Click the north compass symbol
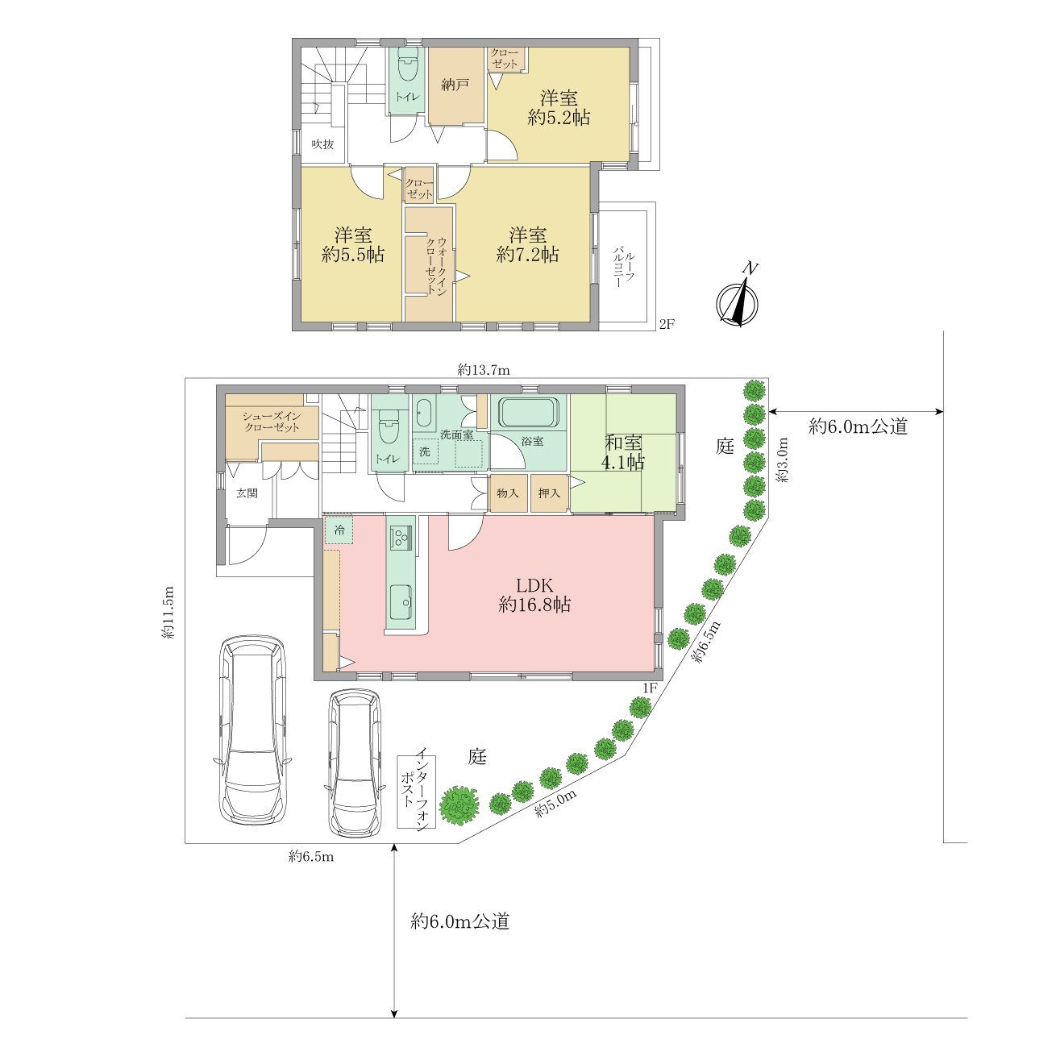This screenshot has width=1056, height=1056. pyautogui.click(x=738, y=297)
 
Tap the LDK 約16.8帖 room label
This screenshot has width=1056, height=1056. pyautogui.click(x=534, y=595)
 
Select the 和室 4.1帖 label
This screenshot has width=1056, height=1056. pyautogui.click(x=622, y=452)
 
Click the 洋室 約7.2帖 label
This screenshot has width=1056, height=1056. pyautogui.click(x=527, y=244)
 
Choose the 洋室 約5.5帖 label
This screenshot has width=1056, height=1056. pyautogui.click(x=353, y=244)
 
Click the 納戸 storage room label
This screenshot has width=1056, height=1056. pyautogui.click(x=455, y=85)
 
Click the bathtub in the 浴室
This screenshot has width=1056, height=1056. pyautogui.click(x=528, y=412)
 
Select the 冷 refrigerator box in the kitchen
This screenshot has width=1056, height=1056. pyautogui.click(x=339, y=530)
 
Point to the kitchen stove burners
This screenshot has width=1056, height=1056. pyautogui.click(x=401, y=537)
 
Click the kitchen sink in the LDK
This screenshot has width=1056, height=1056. pyautogui.click(x=401, y=602)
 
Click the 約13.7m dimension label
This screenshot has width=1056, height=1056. pyautogui.click(x=484, y=370)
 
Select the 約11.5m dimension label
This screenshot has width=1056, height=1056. pyautogui.click(x=168, y=613)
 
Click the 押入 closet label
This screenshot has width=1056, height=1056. pyautogui.click(x=549, y=493)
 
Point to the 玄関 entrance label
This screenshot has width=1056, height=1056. pyautogui.click(x=247, y=493)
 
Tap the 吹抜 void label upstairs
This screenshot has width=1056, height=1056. pyautogui.click(x=322, y=144)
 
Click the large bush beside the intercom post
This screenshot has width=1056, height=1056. pyautogui.click(x=459, y=805)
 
